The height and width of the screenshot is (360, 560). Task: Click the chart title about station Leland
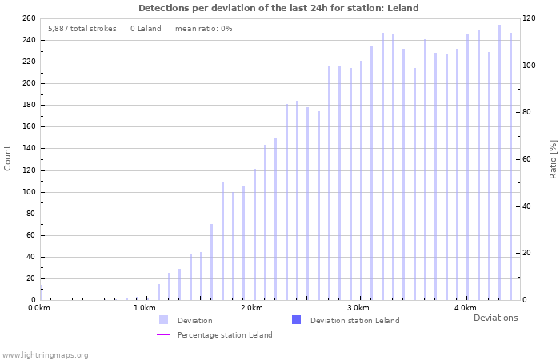(278, 8)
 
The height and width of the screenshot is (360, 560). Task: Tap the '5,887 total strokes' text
(82, 29)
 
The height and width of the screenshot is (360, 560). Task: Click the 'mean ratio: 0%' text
(203, 29)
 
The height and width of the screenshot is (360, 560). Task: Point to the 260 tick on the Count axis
(28, 18)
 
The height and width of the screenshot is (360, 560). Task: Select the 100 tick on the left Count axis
(28, 192)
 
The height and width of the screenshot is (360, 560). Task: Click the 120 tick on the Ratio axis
(530, 18)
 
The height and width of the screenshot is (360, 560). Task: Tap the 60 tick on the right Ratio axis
(530, 159)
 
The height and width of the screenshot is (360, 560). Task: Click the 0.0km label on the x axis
(39, 308)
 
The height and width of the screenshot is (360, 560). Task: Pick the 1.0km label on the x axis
(145, 308)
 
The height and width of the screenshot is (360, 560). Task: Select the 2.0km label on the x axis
(252, 308)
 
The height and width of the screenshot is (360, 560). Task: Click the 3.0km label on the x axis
(358, 308)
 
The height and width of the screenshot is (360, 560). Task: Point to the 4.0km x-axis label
(465, 308)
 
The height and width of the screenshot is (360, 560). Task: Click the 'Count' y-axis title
(8, 158)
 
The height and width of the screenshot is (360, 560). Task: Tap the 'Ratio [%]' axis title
(553, 158)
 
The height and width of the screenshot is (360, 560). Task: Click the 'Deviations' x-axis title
(495, 318)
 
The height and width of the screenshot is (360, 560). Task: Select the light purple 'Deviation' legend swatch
(163, 320)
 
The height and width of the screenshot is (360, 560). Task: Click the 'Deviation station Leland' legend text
(354, 321)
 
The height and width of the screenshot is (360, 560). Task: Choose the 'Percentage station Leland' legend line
(163, 335)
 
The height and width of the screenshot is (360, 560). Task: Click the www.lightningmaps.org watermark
(46, 355)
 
